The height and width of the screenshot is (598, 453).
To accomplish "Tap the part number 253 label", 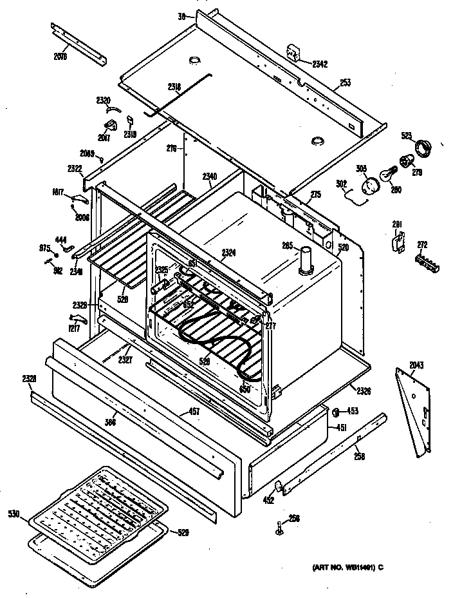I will tap(345, 84).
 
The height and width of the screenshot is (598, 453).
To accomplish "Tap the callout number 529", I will tap(183, 532).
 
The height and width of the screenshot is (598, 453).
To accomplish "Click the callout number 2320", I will tap(103, 100).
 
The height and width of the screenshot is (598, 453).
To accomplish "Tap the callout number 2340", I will tap(210, 176).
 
